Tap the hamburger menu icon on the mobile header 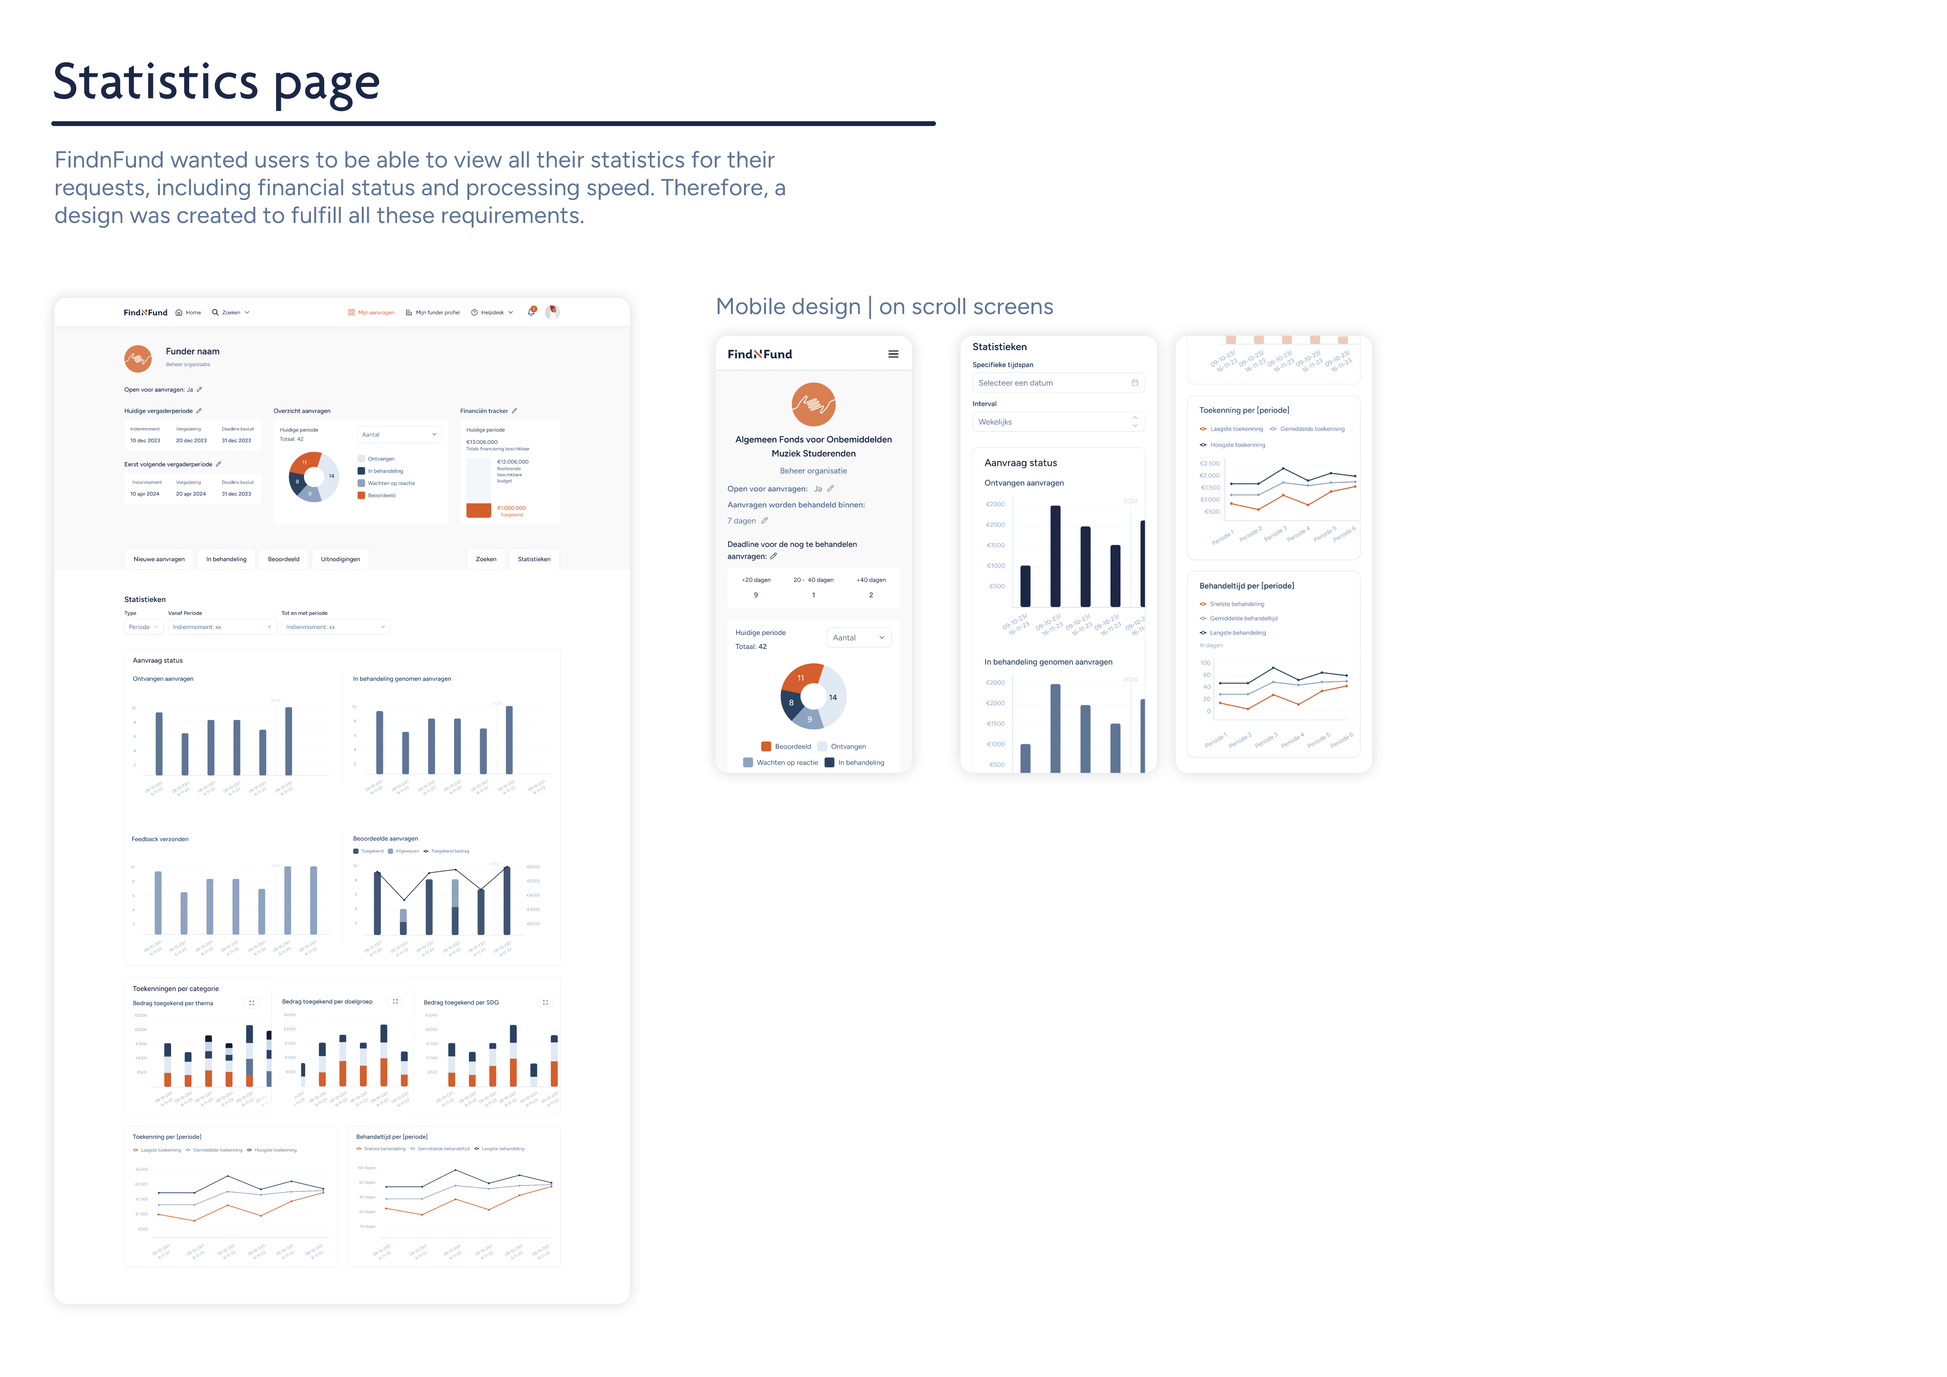(893, 355)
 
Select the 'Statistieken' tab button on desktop (533, 560)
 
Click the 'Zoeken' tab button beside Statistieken (486, 560)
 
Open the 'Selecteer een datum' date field (1057, 383)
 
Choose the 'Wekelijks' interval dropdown (1057, 422)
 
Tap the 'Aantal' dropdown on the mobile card (858, 637)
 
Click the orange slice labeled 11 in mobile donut (801, 677)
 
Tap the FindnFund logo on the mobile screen (760, 355)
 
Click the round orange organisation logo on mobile (813, 404)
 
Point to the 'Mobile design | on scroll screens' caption (884, 307)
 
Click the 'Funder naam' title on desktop (193, 351)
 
